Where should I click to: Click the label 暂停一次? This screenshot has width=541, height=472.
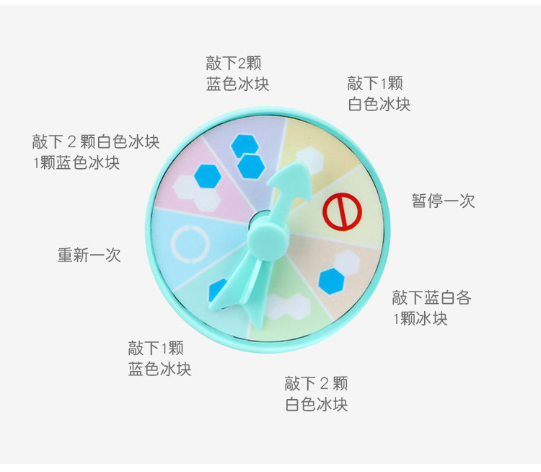(x=443, y=201)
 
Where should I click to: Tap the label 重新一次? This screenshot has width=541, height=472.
(x=89, y=255)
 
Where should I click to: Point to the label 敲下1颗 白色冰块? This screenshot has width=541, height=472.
(x=378, y=94)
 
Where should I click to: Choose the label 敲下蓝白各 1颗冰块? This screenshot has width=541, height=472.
(x=431, y=307)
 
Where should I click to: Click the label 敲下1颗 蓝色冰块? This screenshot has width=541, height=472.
(x=159, y=359)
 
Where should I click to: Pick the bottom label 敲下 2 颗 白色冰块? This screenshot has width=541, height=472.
(x=316, y=393)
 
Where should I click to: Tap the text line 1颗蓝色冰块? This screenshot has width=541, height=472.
(x=76, y=163)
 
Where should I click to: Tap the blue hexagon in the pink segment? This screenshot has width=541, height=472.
(x=207, y=175)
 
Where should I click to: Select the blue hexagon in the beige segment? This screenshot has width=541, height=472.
(x=331, y=281)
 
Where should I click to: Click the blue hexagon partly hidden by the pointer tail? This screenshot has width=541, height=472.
(x=215, y=290)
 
